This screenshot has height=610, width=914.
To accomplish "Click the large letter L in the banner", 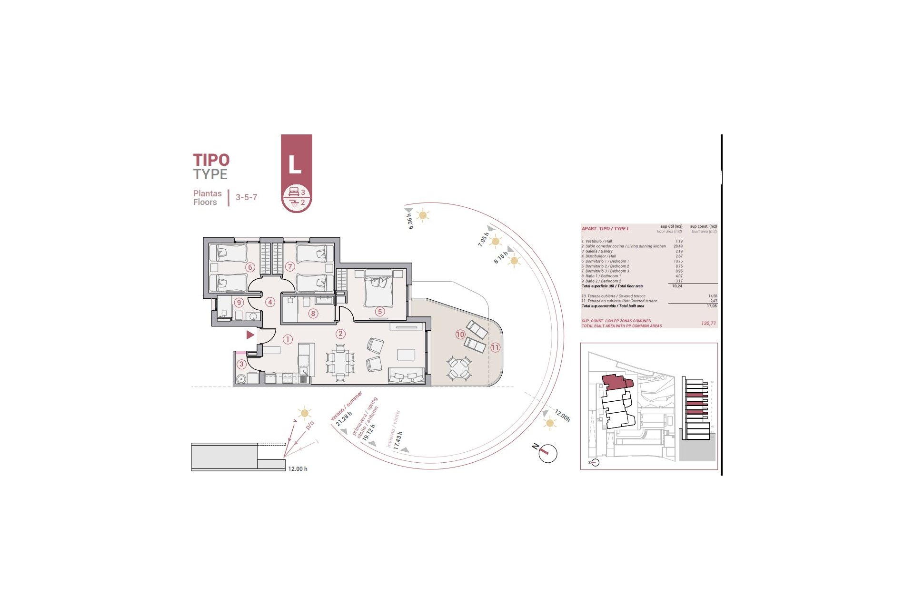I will [295, 165].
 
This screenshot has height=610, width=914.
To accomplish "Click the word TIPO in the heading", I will [211, 160].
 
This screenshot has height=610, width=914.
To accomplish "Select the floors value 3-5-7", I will [246, 197].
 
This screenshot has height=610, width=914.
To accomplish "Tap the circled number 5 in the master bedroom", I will [379, 311].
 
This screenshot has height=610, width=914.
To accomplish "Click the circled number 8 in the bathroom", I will [313, 313].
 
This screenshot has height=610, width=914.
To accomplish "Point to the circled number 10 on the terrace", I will [460, 334].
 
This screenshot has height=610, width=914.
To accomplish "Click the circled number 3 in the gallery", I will [241, 364].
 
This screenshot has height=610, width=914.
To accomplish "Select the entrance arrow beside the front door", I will [250, 335].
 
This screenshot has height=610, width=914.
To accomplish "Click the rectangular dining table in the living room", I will [340, 362].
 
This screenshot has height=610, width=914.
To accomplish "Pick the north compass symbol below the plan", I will [547, 453].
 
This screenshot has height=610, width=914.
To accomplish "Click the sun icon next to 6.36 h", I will [422, 215].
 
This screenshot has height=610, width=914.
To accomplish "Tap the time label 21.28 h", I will [344, 419].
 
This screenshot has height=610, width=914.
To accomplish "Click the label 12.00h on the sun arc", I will [562, 416].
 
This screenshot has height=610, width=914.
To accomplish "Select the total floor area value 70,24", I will [677, 286].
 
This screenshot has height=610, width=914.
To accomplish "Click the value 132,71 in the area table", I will [708, 323].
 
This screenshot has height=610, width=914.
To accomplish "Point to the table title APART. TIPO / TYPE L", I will [605, 229].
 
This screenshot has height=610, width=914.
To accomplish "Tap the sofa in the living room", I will [407, 376].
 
